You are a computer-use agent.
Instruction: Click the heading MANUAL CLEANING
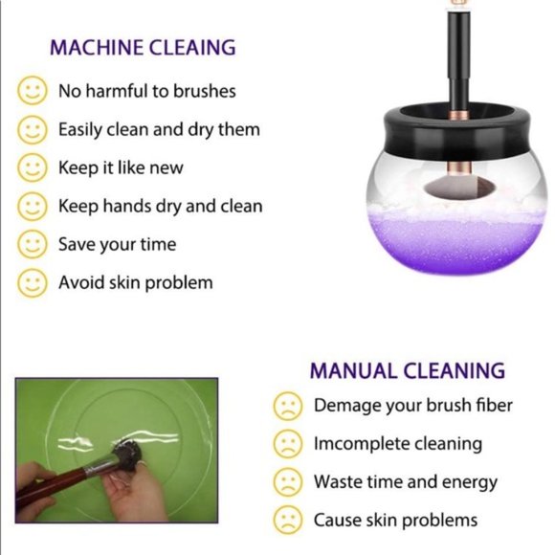(406, 370)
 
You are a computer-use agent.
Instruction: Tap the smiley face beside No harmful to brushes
(33, 91)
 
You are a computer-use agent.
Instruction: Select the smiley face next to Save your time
(33, 244)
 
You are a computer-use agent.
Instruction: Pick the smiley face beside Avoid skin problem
(33, 282)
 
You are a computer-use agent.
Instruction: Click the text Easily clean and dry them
(159, 129)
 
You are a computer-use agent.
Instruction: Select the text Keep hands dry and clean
(160, 206)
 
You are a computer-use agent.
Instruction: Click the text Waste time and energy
(405, 482)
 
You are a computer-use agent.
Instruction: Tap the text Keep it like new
(121, 167)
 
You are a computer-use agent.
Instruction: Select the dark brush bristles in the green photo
(125, 451)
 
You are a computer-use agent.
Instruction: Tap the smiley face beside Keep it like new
(33, 167)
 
